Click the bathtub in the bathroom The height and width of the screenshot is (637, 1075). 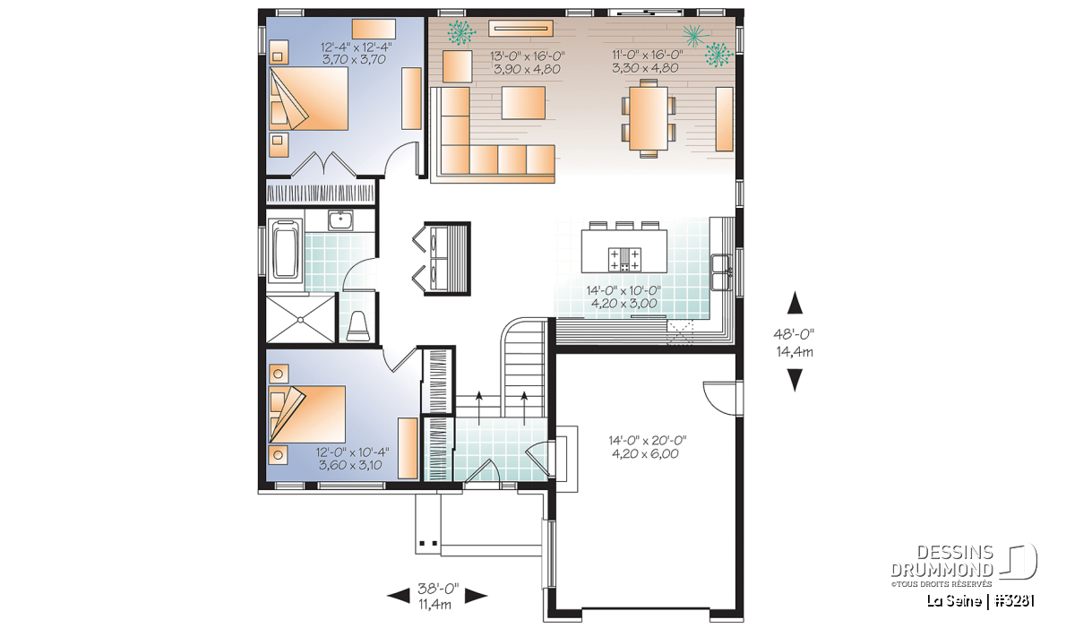pos(286,249)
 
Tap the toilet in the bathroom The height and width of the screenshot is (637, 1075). pos(357,326)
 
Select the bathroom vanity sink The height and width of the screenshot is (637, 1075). pos(340,220)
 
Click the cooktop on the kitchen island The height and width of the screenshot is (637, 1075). pos(624,259)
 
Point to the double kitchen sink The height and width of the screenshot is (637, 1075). pos(721,272)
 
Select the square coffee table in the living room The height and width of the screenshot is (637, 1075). pos(523,103)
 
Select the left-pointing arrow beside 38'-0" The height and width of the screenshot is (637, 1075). pos(399,596)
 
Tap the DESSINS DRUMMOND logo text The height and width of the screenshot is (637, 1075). pos(942,561)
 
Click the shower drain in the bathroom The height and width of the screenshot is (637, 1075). pos(300,319)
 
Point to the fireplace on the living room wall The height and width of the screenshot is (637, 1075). pos(520,29)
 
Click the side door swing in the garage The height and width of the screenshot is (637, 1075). pos(720,399)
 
